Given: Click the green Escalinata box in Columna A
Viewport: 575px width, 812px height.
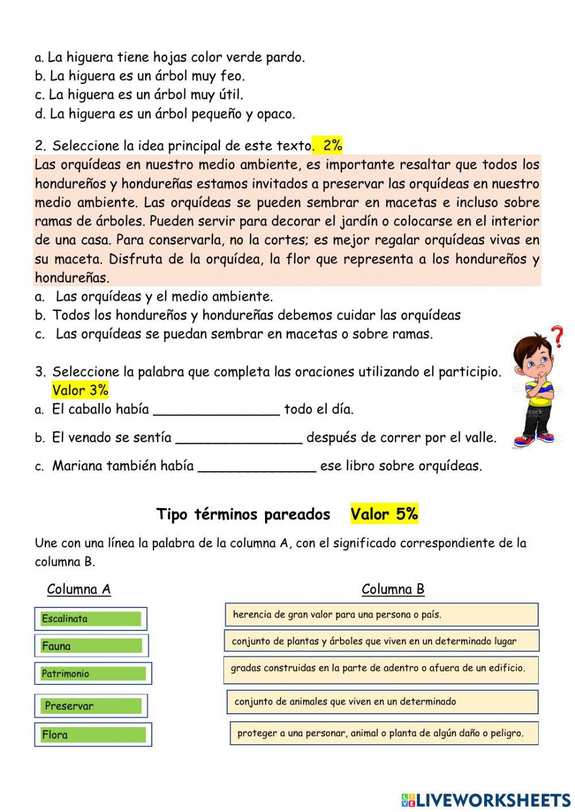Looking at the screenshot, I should click(x=91, y=619).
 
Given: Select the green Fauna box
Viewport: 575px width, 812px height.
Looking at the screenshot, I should click(x=91, y=646).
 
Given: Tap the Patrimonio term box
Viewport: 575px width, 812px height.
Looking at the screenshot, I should click(x=93, y=674).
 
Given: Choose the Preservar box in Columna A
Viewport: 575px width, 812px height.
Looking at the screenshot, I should click(x=91, y=706).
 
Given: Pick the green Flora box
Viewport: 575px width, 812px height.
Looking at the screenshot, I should click(x=93, y=734).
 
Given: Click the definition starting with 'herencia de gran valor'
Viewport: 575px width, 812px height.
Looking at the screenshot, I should click(x=381, y=614).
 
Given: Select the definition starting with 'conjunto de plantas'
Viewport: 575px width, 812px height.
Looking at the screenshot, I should click(x=381, y=641).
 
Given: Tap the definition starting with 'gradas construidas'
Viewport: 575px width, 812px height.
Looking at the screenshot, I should click(x=381, y=669).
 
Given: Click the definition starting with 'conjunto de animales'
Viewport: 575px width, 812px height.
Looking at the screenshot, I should click(x=382, y=702).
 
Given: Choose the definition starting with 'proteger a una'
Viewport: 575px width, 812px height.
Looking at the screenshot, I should click(x=384, y=733).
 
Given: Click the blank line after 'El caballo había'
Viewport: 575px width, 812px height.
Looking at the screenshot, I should click(x=217, y=410).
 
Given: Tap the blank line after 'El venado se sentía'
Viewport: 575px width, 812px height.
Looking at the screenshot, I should click(x=239, y=438).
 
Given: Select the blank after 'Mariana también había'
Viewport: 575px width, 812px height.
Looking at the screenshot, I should click(x=257, y=467).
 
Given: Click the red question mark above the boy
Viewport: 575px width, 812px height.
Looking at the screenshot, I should click(x=557, y=337).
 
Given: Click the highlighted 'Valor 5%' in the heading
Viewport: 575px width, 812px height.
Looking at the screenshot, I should click(x=384, y=514).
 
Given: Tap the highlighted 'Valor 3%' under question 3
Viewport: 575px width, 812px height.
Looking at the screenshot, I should click(x=80, y=390).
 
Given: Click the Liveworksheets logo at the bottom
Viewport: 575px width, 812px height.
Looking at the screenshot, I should click(x=486, y=799).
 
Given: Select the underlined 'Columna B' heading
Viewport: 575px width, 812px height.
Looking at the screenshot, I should click(x=393, y=589).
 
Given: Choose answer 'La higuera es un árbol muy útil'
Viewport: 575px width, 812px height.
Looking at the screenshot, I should click(x=145, y=95).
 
